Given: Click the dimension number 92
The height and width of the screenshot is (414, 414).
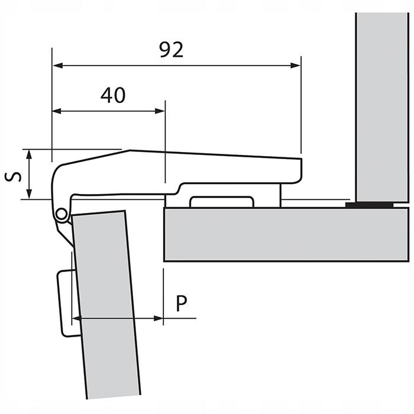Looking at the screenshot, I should coord(172,50).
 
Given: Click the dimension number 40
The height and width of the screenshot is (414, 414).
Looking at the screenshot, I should coord(112,95).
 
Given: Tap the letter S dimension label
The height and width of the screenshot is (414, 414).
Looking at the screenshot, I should coord(11,176).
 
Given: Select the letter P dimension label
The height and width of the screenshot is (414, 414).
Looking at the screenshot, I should coord(182,303).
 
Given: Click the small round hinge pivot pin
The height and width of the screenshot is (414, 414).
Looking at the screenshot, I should coord(60,214).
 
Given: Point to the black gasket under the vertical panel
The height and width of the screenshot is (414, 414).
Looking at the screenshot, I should coord(370,205).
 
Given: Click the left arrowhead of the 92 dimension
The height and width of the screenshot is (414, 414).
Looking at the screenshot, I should coord(57,65).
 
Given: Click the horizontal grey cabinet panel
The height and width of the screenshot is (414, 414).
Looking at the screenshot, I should coord(284,234).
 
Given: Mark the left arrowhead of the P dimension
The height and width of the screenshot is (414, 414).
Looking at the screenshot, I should coord(75,318).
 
